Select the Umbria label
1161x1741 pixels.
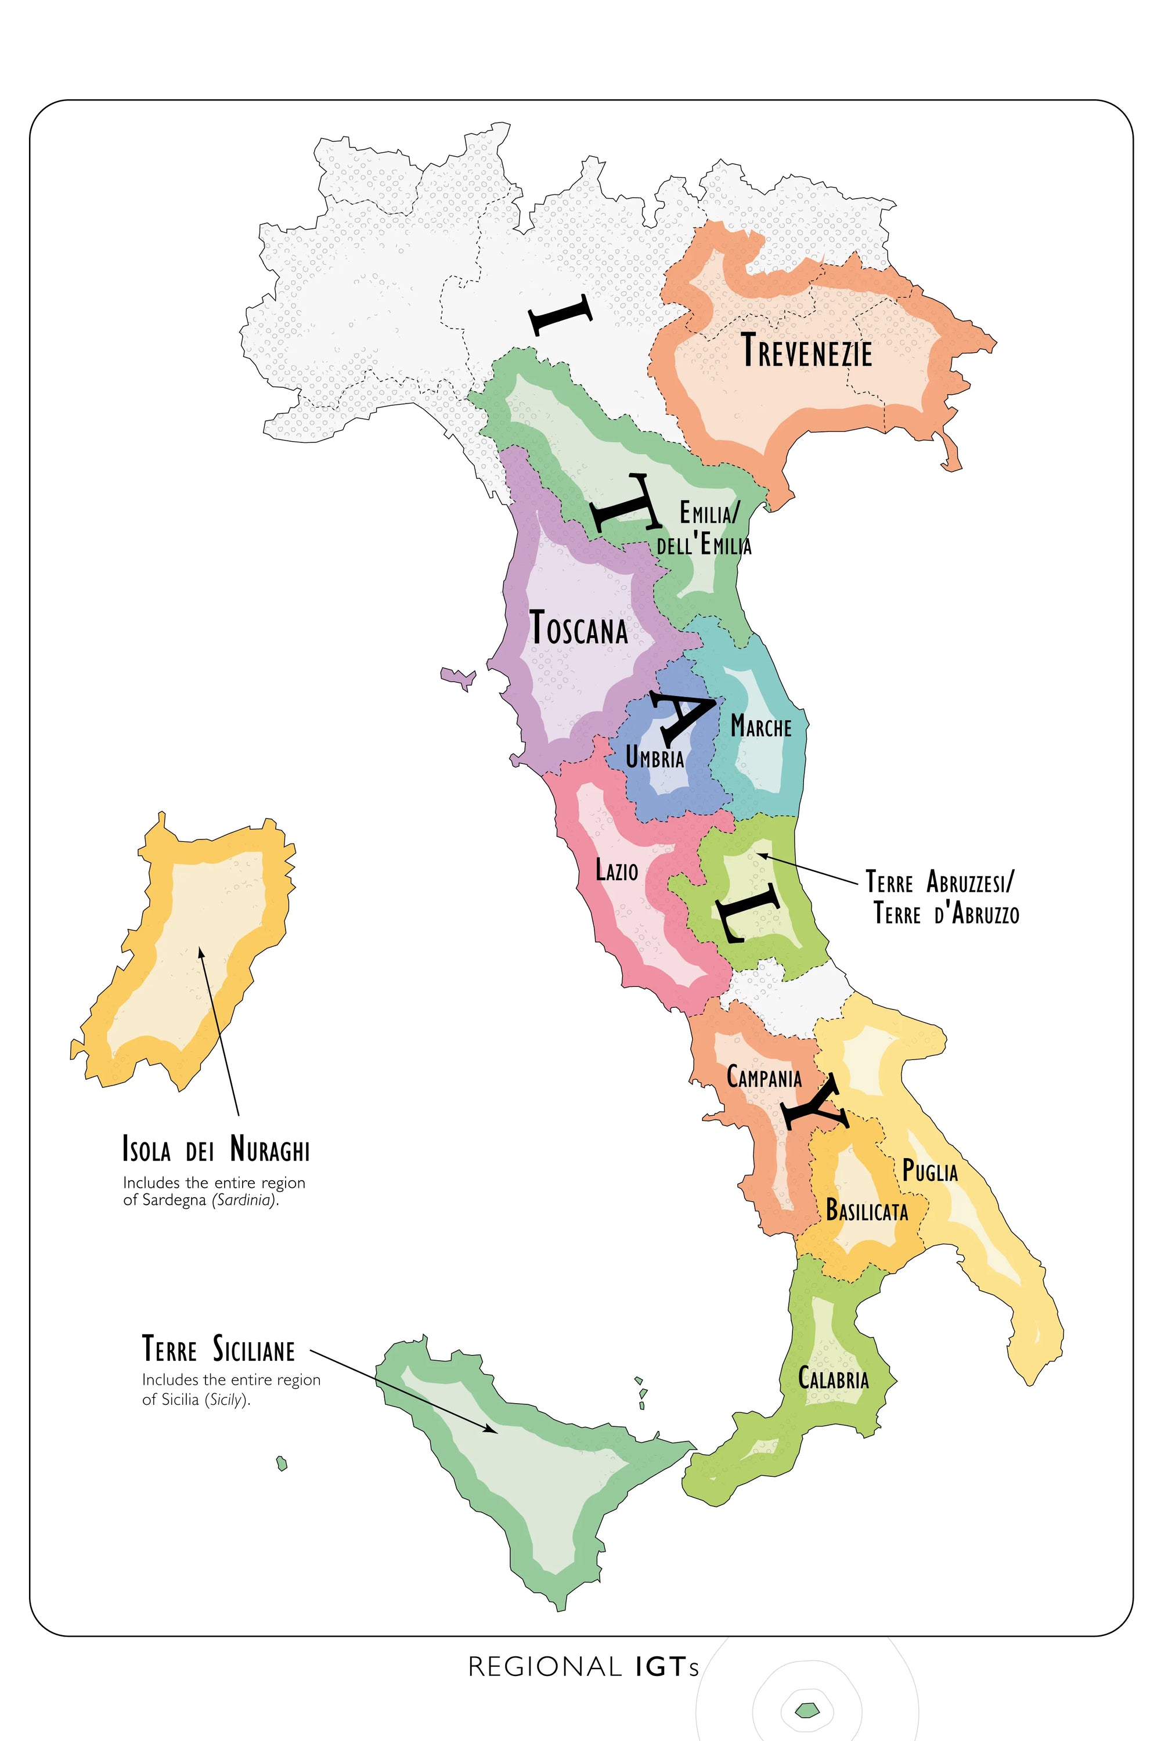(x=655, y=758)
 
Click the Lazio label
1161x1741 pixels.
(x=616, y=870)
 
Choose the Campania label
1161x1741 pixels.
(x=764, y=1077)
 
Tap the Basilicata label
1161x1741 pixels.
(x=866, y=1211)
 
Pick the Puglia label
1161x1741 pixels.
(x=930, y=1172)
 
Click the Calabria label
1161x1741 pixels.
(x=833, y=1379)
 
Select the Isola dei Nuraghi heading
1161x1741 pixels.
(x=216, y=1149)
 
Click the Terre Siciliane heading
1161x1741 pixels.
(x=218, y=1349)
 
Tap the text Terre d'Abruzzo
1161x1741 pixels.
(x=946, y=914)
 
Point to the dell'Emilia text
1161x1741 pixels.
(x=704, y=546)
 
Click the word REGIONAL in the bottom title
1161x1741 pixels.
(x=545, y=1667)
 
